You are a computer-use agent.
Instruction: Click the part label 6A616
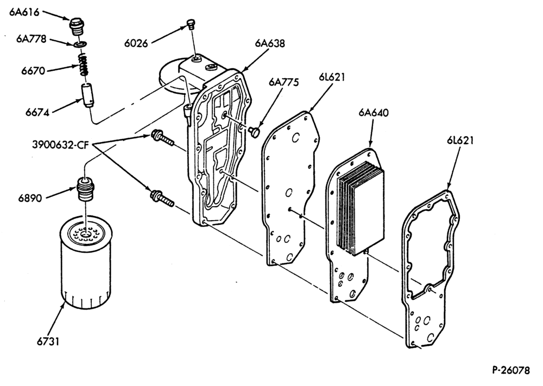[x=24, y=12]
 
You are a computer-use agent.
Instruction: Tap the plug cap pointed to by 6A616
[x=77, y=26]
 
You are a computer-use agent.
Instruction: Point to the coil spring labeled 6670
[x=82, y=64]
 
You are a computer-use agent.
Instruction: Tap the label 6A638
[x=270, y=43]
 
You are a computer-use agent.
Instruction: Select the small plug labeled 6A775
[x=254, y=132]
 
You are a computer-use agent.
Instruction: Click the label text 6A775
[x=283, y=82]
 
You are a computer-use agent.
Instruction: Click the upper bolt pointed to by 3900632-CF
[x=162, y=138]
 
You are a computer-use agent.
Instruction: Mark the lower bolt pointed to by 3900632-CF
[x=162, y=198]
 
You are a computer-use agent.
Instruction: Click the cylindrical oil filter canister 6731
[x=86, y=262]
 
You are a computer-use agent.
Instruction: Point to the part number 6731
[x=48, y=342]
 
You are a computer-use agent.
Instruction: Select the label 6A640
[x=374, y=113]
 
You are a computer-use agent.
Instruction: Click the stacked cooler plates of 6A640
[x=361, y=208]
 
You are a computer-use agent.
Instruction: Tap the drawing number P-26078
[x=511, y=370]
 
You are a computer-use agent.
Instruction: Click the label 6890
[x=30, y=198]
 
